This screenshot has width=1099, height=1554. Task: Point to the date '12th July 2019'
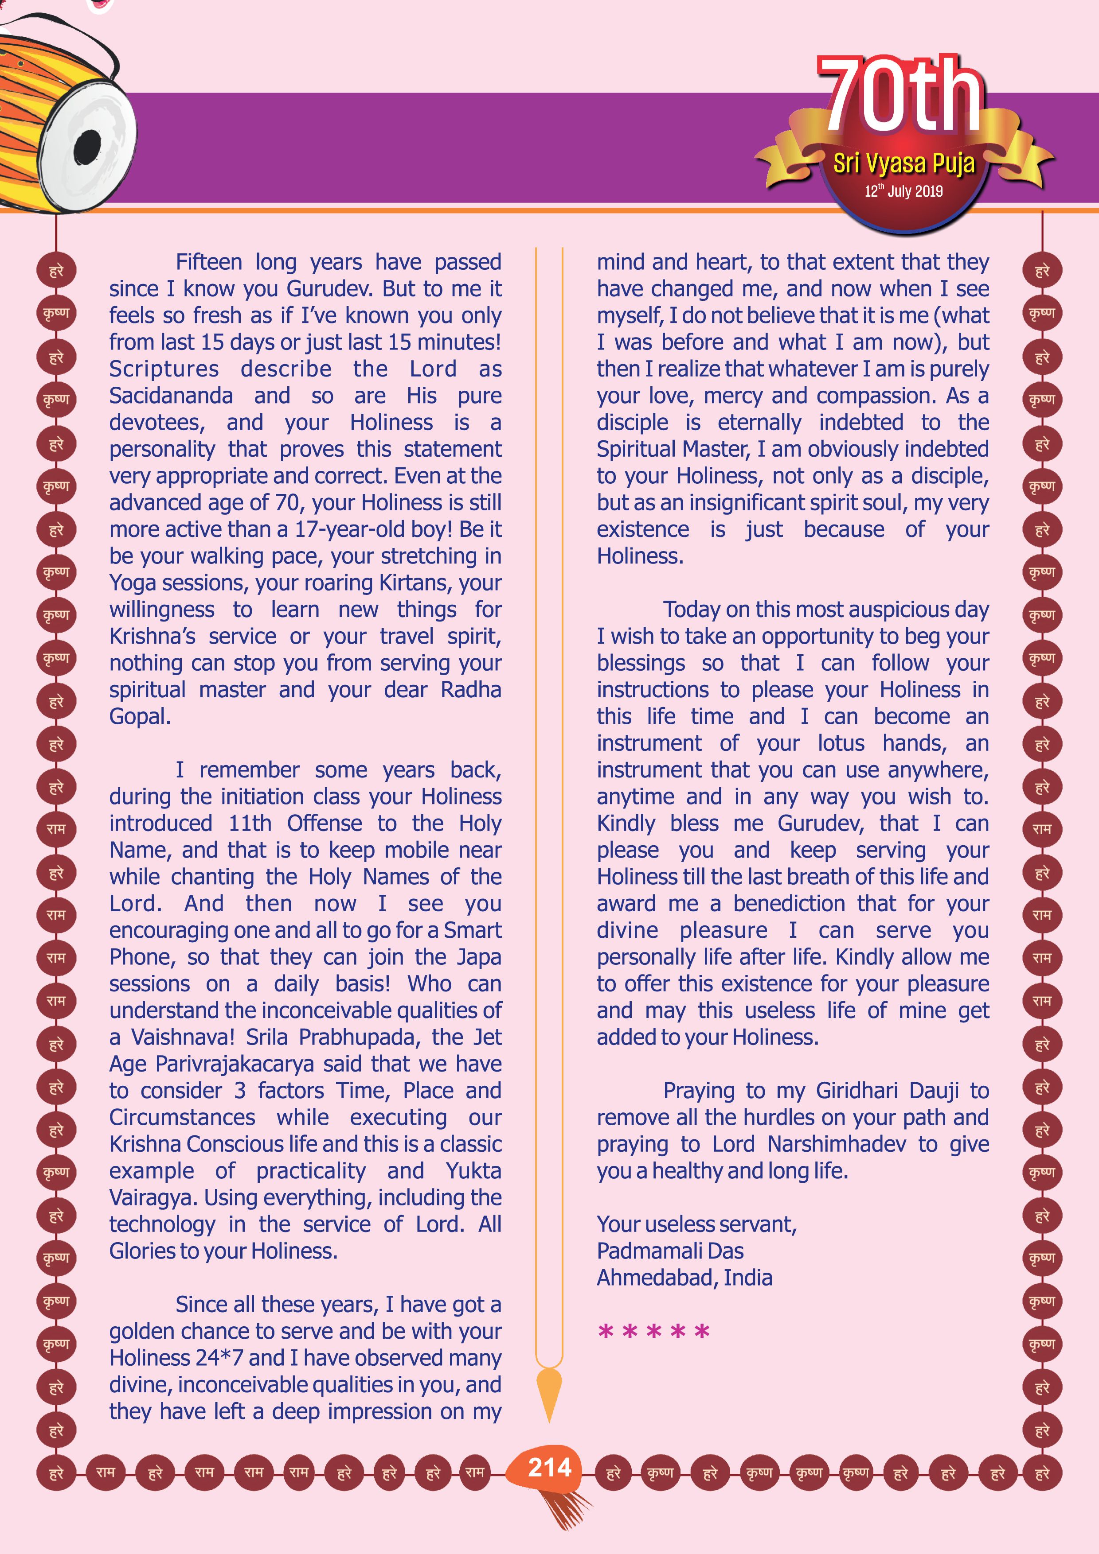point(903,191)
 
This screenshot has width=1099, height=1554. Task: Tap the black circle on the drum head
point(87,147)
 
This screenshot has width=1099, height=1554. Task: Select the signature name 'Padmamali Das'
point(670,1251)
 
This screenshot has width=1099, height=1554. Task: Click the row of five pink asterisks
point(653,1331)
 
